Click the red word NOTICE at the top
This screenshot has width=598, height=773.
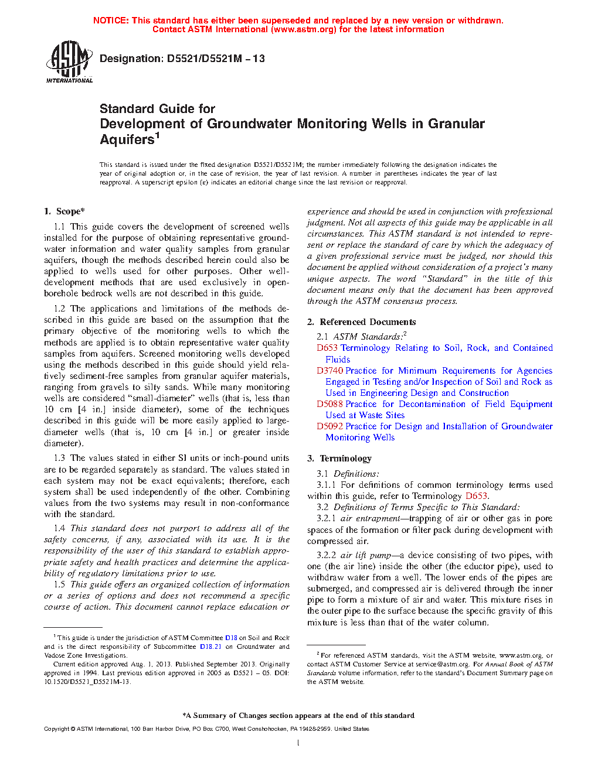(x=110, y=20)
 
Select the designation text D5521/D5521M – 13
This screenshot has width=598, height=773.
(x=216, y=59)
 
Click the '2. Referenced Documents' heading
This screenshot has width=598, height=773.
(x=362, y=322)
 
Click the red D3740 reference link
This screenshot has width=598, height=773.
(x=329, y=371)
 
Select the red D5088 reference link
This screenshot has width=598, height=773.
(x=329, y=404)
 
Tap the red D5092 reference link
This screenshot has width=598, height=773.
(x=329, y=426)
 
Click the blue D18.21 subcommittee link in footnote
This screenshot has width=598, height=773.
(x=210, y=647)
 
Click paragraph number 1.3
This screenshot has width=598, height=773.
(x=59, y=458)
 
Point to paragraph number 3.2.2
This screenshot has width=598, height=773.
(x=326, y=555)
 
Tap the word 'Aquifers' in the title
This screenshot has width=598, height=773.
(x=127, y=140)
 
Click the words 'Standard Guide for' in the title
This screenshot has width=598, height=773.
(x=157, y=109)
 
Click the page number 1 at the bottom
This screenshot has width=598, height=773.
(x=298, y=743)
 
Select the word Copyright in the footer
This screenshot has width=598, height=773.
(x=57, y=729)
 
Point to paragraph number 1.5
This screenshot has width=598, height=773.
(x=59, y=584)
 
